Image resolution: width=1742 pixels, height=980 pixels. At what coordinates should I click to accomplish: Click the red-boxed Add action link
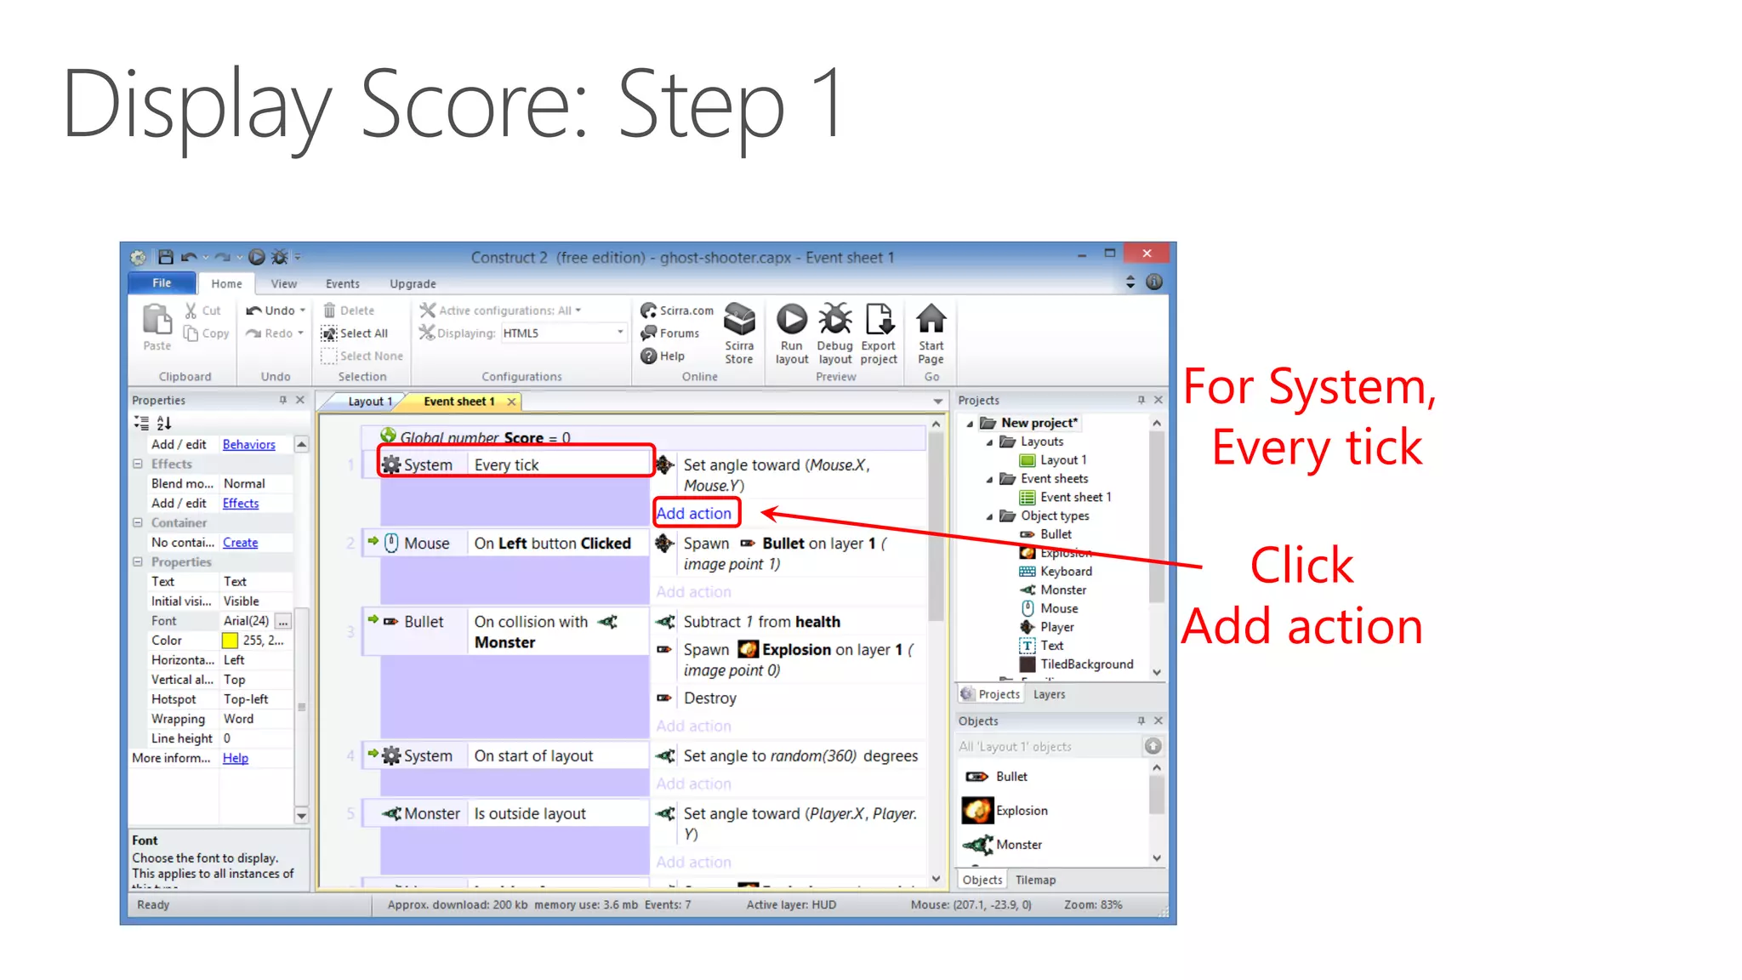[694, 513]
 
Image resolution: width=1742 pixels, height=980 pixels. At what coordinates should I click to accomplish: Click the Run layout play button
[791, 320]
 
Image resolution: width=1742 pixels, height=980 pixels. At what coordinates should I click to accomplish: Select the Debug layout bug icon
[834, 320]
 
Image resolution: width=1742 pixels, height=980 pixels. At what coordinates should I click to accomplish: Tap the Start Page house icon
[931, 320]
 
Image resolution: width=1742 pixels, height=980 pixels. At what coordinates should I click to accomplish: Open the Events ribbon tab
[342, 284]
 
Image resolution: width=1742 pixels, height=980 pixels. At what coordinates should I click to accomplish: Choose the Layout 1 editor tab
[369, 402]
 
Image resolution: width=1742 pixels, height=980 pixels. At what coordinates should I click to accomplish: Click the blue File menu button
[162, 283]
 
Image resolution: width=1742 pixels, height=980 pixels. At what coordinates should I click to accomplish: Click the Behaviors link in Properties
[248, 444]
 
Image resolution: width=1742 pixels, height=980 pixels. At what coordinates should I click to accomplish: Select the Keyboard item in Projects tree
[1066, 572]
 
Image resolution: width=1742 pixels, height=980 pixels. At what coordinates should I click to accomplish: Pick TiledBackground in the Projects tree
[1086, 664]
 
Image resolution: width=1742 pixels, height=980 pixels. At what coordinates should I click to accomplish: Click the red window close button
[1147, 254]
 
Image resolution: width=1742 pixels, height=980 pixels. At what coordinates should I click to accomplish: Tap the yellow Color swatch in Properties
[230, 641]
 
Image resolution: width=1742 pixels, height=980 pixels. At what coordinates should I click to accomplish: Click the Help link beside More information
[236, 758]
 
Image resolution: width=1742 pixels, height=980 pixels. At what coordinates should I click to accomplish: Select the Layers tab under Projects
[1049, 694]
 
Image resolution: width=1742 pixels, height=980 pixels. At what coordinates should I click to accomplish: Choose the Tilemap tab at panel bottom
[1035, 880]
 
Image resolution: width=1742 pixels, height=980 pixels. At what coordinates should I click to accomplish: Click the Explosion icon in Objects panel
[977, 811]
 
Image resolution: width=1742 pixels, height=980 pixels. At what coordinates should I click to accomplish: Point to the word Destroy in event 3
[710, 698]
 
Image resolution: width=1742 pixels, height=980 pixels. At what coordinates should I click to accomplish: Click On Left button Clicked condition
[552, 544]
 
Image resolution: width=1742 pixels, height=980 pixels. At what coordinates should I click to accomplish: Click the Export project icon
[879, 320]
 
